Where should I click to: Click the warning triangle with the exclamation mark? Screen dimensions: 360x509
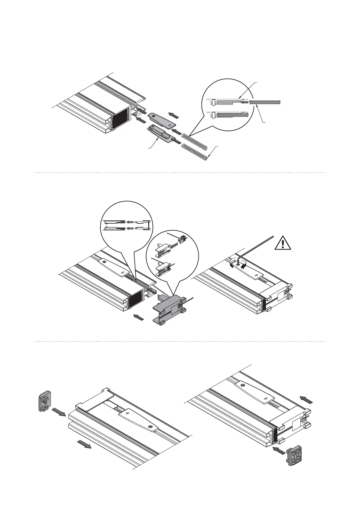tap(283, 242)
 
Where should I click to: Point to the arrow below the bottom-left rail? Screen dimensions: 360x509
tap(84, 444)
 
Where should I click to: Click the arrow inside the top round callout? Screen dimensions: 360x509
tap(244, 102)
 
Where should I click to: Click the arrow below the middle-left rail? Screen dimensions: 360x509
tap(139, 317)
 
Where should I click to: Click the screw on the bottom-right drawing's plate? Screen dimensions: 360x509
tap(243, 385)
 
